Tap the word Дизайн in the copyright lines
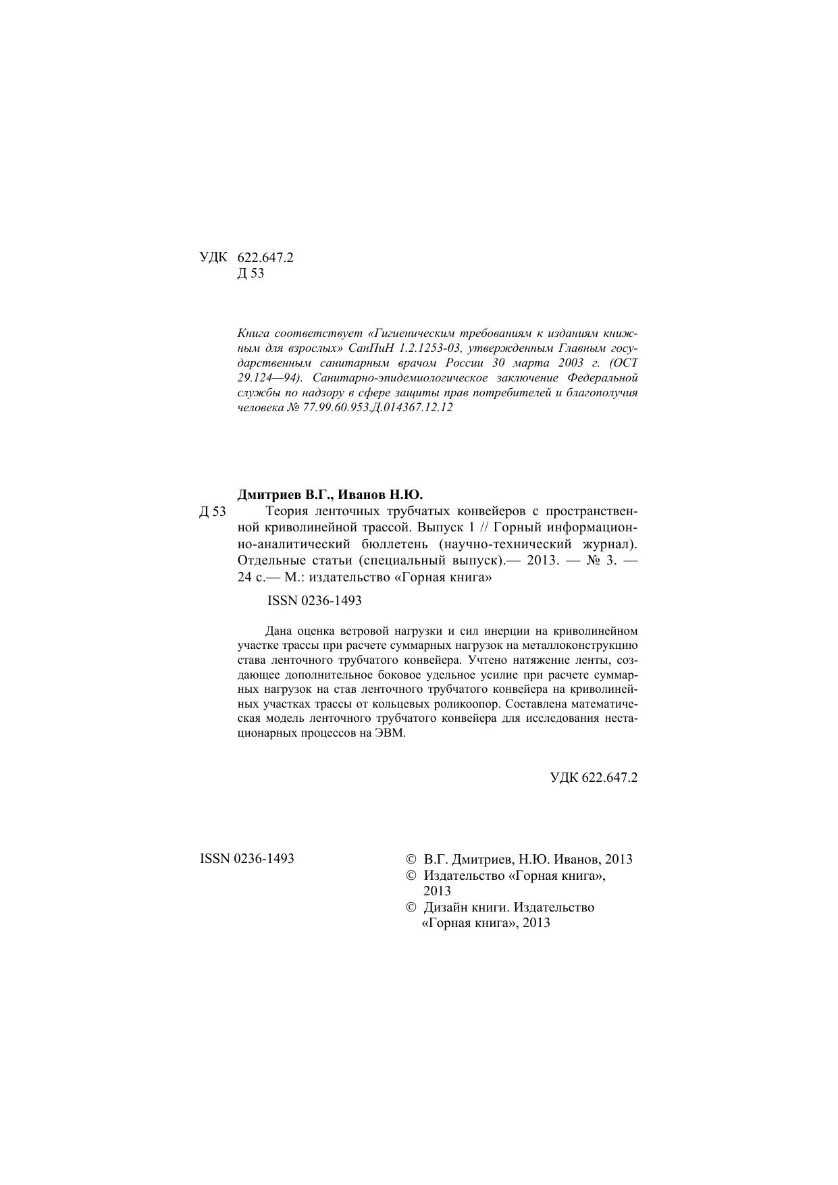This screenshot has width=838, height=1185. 445,907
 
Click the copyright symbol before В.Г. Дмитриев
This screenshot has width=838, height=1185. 411,860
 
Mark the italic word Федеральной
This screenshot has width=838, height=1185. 603,378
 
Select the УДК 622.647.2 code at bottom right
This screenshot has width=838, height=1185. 594,777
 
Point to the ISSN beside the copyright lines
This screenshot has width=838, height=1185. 247,859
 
